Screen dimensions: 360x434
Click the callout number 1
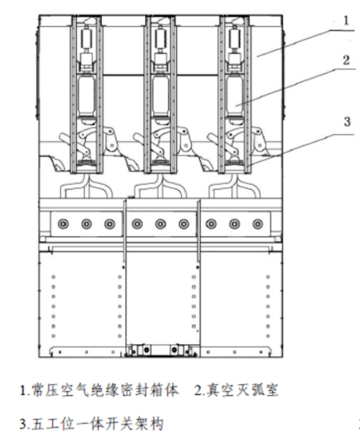click(346, 21)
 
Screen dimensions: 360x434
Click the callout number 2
click(346, 60)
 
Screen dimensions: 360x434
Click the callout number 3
click(347, 122)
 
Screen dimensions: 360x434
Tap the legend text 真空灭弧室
click(242, 390)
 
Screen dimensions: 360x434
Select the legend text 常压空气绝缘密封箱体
click(105, 390)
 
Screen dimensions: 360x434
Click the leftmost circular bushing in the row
click(63, 223)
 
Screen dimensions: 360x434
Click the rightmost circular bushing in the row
click(258, 223)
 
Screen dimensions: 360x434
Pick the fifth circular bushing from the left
click(160, 223)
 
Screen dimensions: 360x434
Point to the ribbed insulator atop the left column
click(87, 38)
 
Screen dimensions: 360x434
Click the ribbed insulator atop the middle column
click(161, 38)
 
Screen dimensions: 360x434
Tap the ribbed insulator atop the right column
click(235, 38)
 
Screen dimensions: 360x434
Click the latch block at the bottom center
click(161, 350)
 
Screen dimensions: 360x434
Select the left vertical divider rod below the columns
click(125, 231)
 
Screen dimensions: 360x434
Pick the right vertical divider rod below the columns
click(198, 231)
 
